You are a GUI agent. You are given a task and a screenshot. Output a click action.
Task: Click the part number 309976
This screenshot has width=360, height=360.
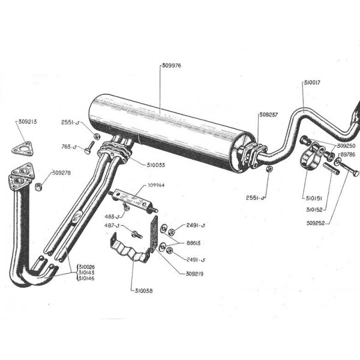point(172,65)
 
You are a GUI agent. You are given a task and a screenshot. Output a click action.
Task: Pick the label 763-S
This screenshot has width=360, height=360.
point(70,146)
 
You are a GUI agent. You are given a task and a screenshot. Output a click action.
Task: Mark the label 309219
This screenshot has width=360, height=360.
point(189,274)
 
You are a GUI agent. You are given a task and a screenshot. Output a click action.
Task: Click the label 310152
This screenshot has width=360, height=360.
point(316,210)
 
